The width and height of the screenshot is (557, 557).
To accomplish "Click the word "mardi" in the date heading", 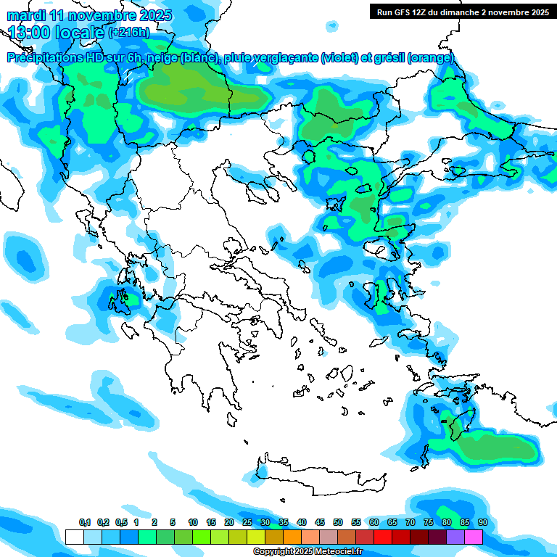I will [25, 15].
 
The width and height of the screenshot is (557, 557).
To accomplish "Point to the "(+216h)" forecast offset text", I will [129, 33].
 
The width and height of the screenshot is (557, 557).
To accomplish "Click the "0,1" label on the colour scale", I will [84, 523].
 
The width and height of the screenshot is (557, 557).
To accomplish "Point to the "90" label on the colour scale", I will [482, 523].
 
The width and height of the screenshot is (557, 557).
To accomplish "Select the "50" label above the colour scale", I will [338, 523].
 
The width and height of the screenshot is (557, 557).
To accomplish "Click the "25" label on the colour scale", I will [247, 523].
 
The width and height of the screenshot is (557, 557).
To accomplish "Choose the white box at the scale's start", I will [75, 537].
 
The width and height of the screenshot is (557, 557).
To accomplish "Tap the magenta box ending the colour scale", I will [474, 537].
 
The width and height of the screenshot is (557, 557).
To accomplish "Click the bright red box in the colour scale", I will [383, 537].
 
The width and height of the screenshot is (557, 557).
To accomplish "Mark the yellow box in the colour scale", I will [256, 537].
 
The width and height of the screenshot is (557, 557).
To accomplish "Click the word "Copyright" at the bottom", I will [273, 552].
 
